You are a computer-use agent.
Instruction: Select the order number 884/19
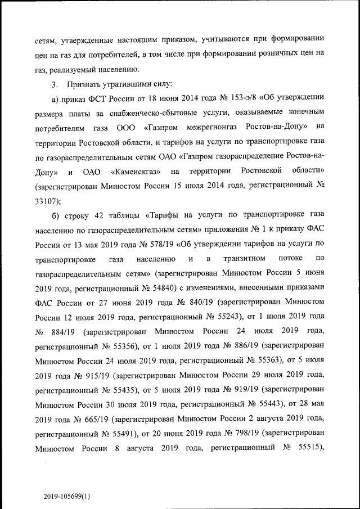(66, 331)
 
